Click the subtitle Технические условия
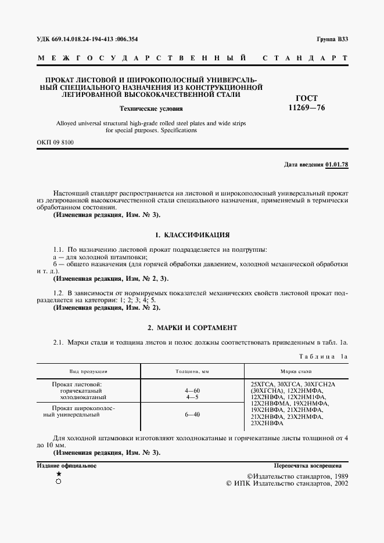coord(151,108)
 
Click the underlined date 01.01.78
coord(337,165)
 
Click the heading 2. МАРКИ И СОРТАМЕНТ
coord(192,327)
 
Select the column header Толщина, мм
coord(192,370)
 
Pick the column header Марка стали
coord(296,370)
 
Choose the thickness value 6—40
coord(192,415)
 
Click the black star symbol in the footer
coord(58,474)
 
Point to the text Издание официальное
coord(66,465)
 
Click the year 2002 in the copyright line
coord(339,483)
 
